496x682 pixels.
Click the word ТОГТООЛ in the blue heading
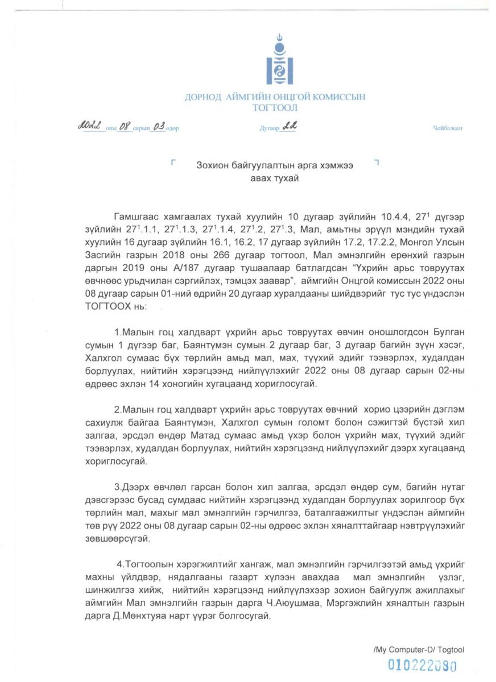coord(275,108)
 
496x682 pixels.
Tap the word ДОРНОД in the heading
coord(202,97)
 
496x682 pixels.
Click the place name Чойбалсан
coord(448,128)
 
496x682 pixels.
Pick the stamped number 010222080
coord(423,665)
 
